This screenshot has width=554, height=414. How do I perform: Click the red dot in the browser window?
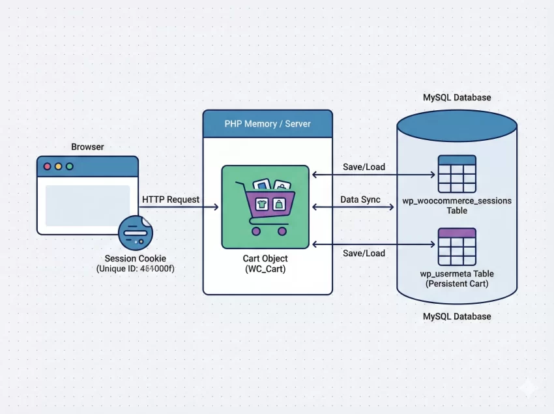click(47, 166)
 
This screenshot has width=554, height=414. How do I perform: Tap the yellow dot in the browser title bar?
click(58, 166)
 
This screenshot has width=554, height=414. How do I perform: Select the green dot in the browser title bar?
click(69, 166)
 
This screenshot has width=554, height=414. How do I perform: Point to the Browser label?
click(87, 147)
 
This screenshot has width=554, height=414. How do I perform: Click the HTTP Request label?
click(171, 200)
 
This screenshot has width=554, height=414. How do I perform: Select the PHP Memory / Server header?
click(267, 123)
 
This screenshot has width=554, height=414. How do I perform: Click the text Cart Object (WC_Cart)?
click(265, 263)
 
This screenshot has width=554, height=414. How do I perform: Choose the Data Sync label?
click(360, 200)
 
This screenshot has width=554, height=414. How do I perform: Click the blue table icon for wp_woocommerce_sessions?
click(456, 174)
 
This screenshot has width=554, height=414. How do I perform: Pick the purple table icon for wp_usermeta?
click(456, 246)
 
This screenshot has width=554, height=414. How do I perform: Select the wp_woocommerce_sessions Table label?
click(457, 205)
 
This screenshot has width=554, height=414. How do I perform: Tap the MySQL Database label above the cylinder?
click(457, 98)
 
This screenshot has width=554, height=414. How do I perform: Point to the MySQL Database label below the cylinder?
click(457, 316)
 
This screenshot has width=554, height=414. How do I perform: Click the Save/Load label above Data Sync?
click(364, 167)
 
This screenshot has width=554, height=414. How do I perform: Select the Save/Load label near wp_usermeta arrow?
click(364, 253)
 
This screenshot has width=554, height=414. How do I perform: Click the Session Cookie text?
click(135, 258)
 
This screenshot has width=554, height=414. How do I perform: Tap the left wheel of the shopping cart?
click(255, 230)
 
